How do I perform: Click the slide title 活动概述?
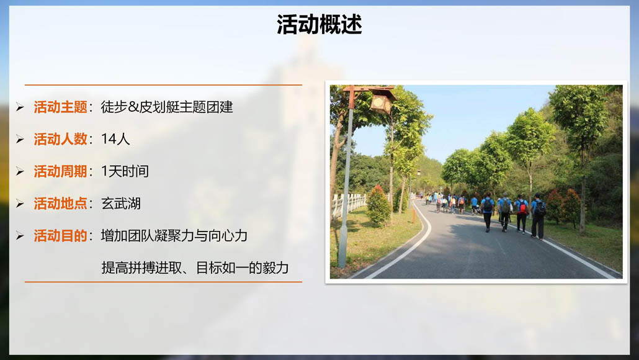pyautogui.click(x=319, y=24)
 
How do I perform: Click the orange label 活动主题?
pyautogui.click(x=60, y=107)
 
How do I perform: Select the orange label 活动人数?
pyautogui.click(x=60, y=139)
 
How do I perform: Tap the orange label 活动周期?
pyautogui.click(x=60, y=171)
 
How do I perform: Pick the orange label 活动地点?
pyautogui.click(x=60, y=204)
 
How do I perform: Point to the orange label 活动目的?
pyautogui.click(x=60, y=236)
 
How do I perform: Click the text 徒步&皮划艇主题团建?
pyautogui.click(x=167, y=107)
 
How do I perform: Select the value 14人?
pyautogui.click(x=115, y=139)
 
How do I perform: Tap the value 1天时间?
pyautogui.click(x=125, y=171)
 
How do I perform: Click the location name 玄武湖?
pyautogui.click(x=120, y=204)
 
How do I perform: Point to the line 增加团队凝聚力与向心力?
pyautogui.click(x=174, y=236)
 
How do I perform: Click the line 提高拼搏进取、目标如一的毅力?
pyautogui.click(x=195, y=268)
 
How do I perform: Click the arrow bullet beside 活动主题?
pyautogui.click(x=20, y=107)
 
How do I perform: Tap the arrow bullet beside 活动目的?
pyautogui.click(x=20, y=236)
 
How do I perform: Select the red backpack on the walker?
pyautogui.click(x=522, y=207)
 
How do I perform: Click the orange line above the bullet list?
pyautogui.click(x=163, y=85)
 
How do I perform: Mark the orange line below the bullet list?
pyautogui.click(x=163, y=282)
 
